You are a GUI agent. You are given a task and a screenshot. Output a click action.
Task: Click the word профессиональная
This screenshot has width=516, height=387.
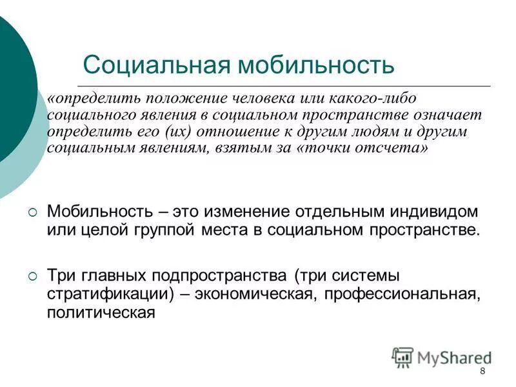tap(402, 295)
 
